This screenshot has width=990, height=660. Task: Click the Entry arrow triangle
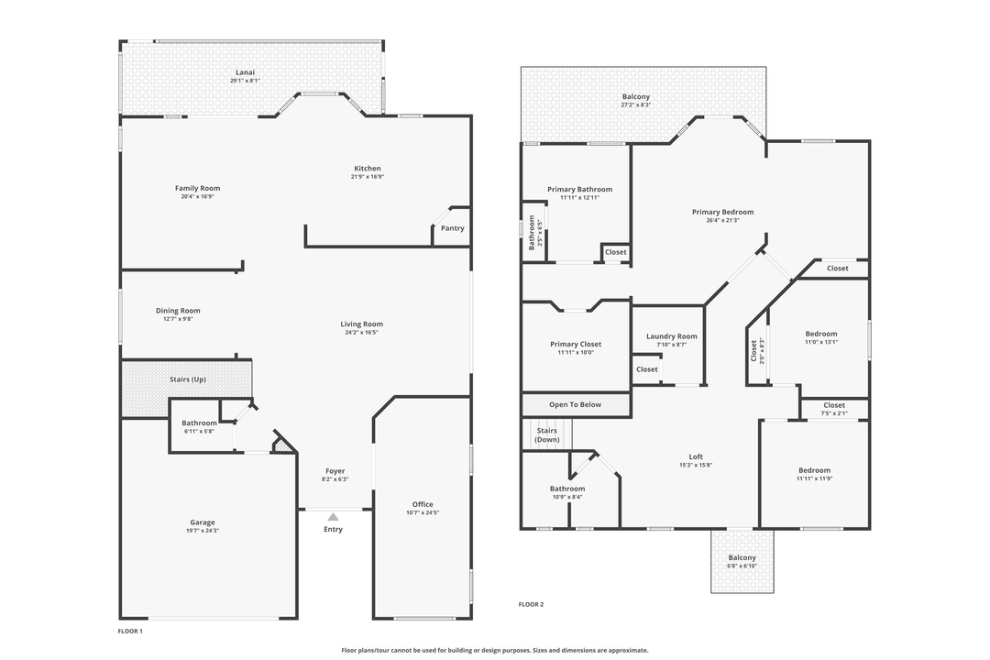pos(334,517)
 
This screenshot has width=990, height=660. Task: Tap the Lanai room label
pos(245,72)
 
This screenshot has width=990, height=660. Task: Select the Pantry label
pos(453,228)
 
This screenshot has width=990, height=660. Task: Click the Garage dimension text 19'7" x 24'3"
pos(203,531)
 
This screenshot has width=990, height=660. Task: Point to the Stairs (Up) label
pos(188,379)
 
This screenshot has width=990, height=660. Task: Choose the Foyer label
pos(335,471)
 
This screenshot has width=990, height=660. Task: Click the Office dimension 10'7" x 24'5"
pos(423,512)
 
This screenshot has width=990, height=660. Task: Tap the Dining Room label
pos(178,311)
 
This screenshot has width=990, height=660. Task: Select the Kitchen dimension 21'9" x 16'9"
pos(368,177)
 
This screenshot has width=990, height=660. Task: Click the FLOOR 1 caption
pos(131,631)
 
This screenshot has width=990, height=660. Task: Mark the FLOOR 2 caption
pos(531,604)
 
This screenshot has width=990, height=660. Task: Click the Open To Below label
pos(575,405)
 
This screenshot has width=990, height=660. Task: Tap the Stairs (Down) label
pos(546,435)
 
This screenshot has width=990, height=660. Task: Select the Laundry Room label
pos(672,336)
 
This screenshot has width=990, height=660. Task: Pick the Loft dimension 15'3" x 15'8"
pos(696,465)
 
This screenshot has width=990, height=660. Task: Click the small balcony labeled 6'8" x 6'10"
pos(742,561)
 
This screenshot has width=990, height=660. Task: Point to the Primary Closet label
pos(576,345)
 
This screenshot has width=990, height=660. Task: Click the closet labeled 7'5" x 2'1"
pos(835,409)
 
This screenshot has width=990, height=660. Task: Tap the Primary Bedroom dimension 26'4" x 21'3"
pos(723,220)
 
